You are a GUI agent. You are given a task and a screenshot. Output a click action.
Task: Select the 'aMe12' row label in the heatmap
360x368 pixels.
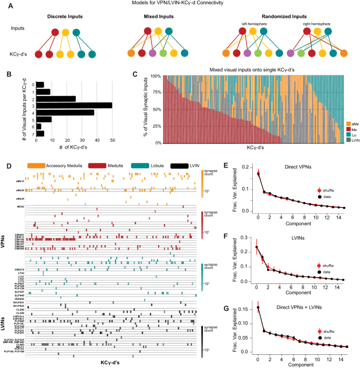point(19,166)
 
